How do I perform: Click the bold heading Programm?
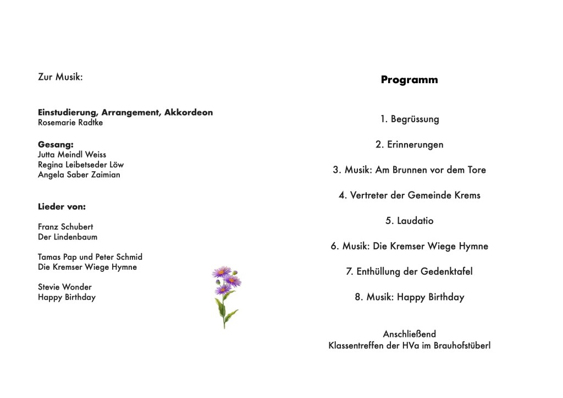click(x=409, y=80)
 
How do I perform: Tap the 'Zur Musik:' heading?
click(x=60, y=77)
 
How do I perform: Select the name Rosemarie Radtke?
click(x=70, y=123)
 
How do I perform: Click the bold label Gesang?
click(x=56, y=145)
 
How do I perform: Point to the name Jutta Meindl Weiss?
click(x=72, y=155)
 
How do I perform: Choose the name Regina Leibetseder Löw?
click(x=81, y=165)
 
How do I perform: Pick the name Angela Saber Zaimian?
click(x=79, y=175)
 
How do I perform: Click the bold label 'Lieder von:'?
click(x=62, y=207)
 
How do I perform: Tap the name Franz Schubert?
click(x=65, y=226)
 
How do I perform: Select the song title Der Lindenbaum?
click(x=68, y=237)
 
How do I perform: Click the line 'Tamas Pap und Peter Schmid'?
click(x=90, y=257)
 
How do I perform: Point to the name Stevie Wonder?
click(x=65, y=287)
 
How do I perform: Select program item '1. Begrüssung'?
click(x=409, y=119)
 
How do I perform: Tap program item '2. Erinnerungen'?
click(x=409, y=145)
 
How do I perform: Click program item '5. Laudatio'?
click(x=409, y=221)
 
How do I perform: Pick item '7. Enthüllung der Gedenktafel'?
click(x=409, y=271)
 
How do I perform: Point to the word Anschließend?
click(x=409, y=334)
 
